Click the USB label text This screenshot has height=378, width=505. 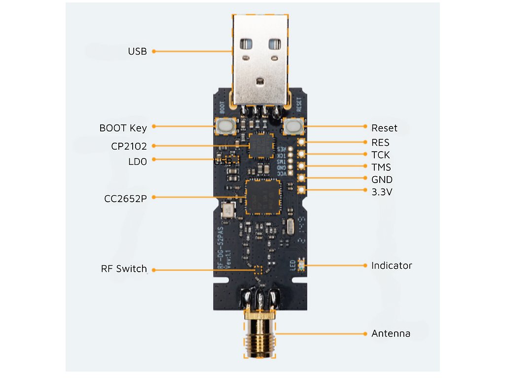click(137, 51)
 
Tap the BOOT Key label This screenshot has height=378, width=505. click(123, 128)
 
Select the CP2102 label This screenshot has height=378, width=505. click(129, 146)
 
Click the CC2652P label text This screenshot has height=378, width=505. click(125, 198)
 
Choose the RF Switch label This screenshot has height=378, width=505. click(124, 269)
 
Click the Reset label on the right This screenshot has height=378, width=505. click(384, 128)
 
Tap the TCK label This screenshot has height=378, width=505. click(380, 155)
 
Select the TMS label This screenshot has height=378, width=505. click(381, 167)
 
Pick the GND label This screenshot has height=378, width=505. click(382, 180)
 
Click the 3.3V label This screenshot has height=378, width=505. click(382, 191)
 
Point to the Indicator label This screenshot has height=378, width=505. click(392, 266)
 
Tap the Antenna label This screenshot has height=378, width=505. click(391, 334)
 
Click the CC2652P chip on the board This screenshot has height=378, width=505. click(263, 196)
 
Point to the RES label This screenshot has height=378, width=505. click(380, 143)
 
